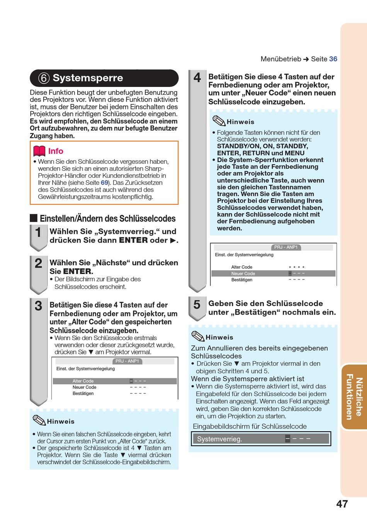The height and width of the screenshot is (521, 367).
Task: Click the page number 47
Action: click(342, 504)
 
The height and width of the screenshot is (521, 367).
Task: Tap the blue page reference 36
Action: click(333, 59)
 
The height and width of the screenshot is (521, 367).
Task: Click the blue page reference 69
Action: click(104, 182)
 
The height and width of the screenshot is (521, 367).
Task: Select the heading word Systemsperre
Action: click(88, 78)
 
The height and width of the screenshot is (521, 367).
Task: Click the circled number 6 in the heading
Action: click(44, 78)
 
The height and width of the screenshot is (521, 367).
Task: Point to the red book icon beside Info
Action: click(39, 151)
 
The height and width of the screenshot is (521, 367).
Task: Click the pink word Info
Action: click(56, 151)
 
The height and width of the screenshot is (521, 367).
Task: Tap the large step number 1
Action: click(38, 232)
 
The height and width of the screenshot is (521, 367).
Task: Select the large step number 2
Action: click(38, 263)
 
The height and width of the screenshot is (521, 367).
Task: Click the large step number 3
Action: click(38, 306)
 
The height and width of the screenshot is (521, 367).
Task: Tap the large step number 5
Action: click(197, 305)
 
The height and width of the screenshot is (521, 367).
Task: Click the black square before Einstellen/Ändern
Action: click(34, 218)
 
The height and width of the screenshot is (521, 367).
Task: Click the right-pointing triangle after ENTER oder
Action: click(173, 240)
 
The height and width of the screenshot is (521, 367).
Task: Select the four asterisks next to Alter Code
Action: click(297, 267)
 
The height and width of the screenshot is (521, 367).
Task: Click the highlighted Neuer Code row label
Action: click(243, 274)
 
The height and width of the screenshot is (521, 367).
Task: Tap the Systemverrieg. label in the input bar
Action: click(219, 439)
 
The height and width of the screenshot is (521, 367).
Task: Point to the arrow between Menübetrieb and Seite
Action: click(306, 59)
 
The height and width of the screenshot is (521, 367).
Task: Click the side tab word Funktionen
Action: click(350, 397)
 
